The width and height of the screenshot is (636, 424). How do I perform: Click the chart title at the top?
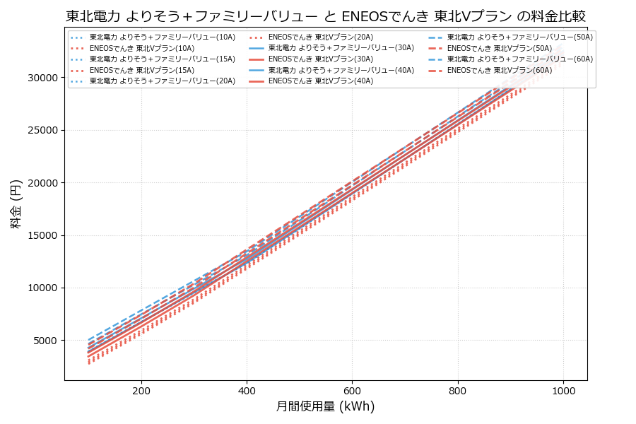pos(325,16)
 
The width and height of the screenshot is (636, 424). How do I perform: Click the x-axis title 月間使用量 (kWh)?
pos(325,406)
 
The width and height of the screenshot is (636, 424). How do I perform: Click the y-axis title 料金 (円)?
pos(16,204)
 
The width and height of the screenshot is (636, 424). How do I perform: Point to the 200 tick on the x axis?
pos(141,390)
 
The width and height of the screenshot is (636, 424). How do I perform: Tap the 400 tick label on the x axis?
pos(247,390)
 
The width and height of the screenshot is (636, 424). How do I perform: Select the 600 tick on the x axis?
pos(352,390)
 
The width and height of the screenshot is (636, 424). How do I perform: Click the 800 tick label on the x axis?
pos(458,390)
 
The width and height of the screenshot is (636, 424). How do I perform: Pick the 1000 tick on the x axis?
pos(563,390)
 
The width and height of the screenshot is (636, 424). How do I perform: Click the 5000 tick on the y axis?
pos(47,341)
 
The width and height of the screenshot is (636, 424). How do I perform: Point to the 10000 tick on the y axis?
pos(45,288)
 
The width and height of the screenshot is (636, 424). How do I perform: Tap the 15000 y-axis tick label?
pos(45,235)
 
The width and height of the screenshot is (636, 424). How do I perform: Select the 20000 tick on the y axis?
pos(45,183)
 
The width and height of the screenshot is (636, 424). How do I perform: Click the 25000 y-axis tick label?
pos(45,131)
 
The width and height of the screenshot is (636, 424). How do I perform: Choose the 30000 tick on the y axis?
pos(45,78)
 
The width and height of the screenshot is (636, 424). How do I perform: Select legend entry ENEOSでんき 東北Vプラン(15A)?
pos(141,71)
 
